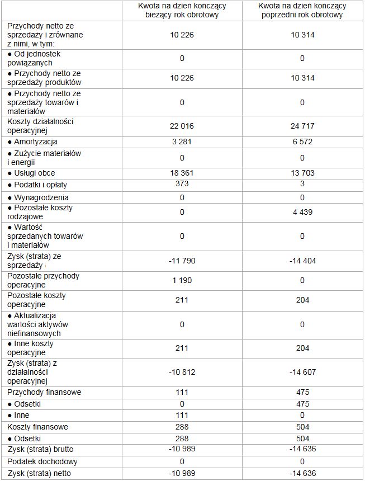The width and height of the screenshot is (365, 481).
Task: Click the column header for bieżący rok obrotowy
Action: click(182, 10)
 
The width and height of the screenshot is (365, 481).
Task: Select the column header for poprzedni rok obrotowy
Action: click(302, 10)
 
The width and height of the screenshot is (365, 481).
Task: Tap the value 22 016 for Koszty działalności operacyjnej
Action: click(182, 126)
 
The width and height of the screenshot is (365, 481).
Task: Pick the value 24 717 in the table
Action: click(302, 126)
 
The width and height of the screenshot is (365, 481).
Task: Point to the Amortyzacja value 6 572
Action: click(302, 142)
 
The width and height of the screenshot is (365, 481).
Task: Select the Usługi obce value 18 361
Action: click(182, 173)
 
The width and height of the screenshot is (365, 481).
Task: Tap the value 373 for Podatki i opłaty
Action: click(182, 184)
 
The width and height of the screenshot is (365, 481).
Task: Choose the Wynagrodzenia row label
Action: click(38, 197)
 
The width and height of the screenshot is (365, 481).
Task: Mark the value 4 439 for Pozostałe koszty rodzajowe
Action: click(302, 212)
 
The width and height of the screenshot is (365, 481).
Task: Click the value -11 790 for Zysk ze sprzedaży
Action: click(182, 261)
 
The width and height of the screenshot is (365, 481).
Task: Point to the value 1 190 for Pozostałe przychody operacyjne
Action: click(182, 280)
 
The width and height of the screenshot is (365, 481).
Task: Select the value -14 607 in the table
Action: click(302, 372)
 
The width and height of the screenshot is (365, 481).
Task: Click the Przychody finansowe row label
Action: click(44, 392)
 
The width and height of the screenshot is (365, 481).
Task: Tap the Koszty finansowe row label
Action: click(38, 427)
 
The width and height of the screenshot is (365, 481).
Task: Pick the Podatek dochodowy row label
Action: click(42, 462)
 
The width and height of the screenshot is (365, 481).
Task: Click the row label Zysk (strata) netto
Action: click(39, 474)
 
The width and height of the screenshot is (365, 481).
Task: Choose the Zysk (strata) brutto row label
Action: click(40, 449)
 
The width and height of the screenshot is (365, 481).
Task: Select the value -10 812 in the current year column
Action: click(182, 372)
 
